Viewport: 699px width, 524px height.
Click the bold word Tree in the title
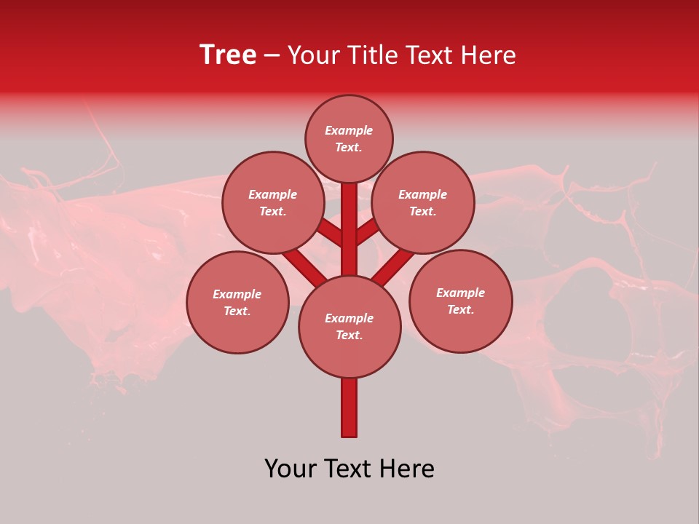point(228,55)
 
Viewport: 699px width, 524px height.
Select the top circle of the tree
point(349,139)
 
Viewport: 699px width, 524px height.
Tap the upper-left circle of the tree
point(273,203)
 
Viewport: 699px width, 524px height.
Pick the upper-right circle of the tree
point(423,203)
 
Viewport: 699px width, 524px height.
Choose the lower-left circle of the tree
point(237,303)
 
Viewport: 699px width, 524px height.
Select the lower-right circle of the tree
point(460,301)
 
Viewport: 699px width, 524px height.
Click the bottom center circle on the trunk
point(349,327)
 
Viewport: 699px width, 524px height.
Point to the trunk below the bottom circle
point(349,408)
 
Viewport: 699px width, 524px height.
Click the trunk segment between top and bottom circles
point(349,229)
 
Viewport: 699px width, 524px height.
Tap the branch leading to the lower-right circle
point(393,266)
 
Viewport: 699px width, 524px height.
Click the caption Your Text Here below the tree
point(349,469)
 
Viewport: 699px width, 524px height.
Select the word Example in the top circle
point(349,131)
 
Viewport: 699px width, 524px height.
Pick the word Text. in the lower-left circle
point(237,311)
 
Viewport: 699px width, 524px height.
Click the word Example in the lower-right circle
point(460,293)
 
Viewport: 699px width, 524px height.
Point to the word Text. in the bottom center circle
point(349,336)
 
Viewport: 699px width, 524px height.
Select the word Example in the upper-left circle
point(273,195)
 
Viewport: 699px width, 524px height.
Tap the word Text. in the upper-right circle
point(423,212)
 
